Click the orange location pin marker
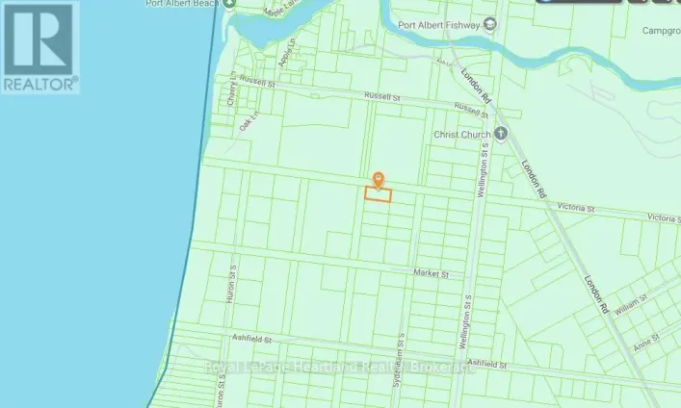378,179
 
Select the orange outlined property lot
378,194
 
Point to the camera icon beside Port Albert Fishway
491,24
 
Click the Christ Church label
463,136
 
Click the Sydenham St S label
397,350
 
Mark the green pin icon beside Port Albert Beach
229,4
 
